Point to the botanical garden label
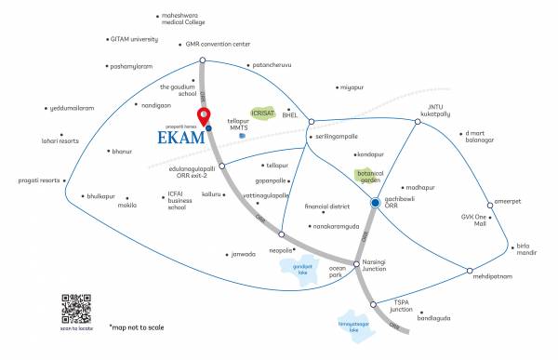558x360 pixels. point(370,177)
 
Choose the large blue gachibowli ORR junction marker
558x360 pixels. point(374,203)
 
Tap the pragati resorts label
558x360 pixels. point(40,180)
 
